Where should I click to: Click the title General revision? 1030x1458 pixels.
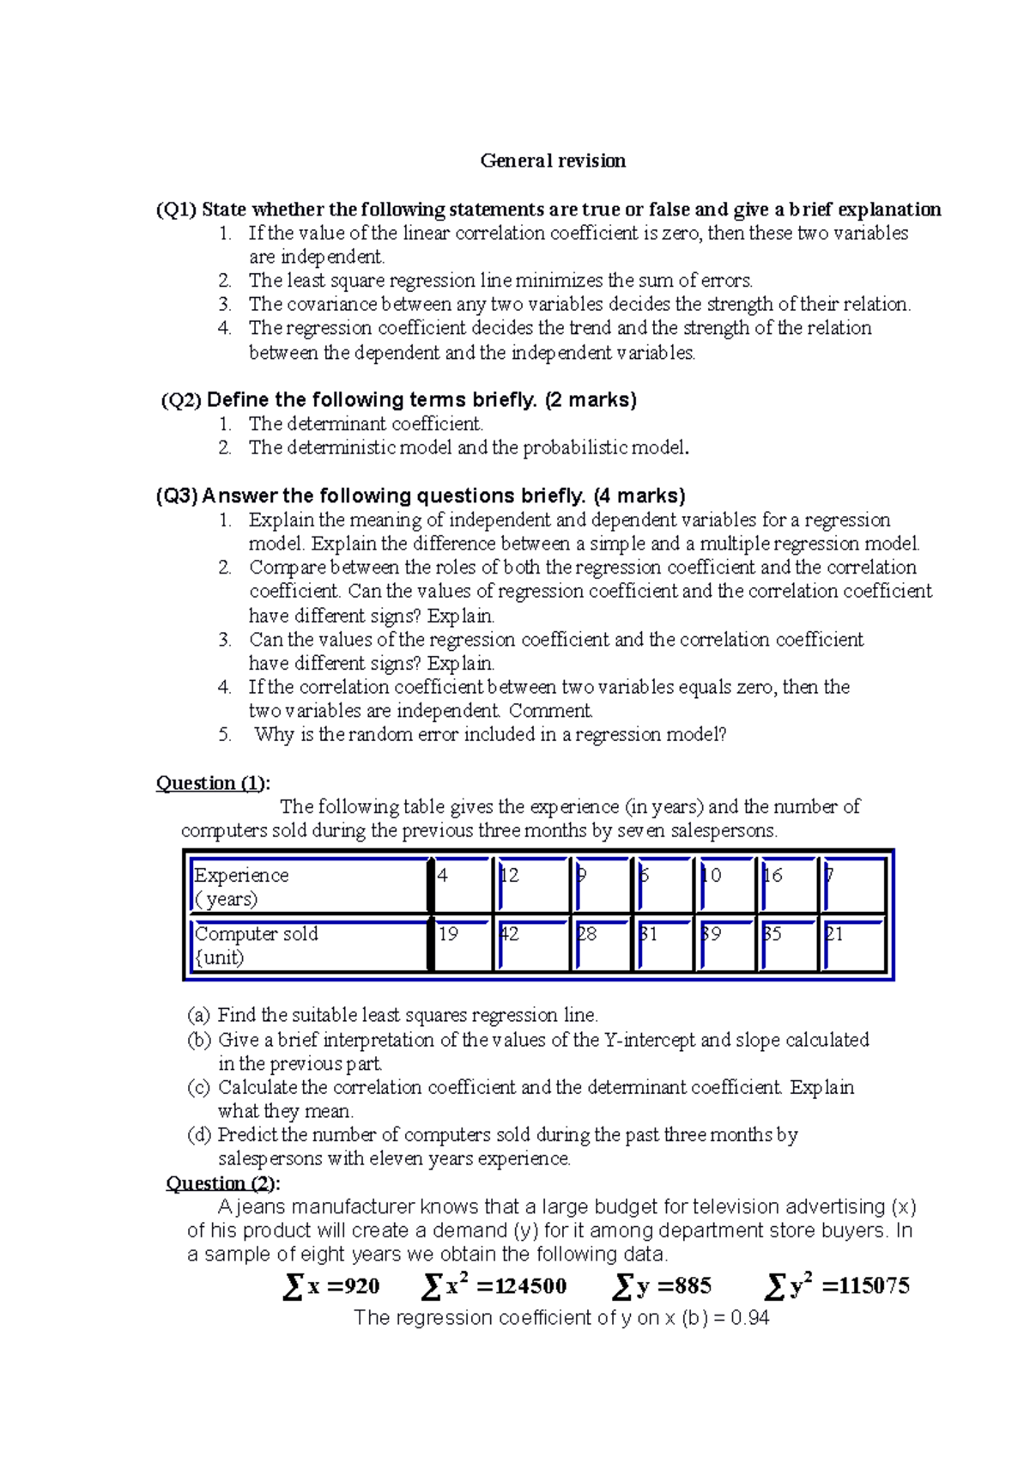click(553, 161)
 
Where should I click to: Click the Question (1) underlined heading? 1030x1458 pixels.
click(212, 783)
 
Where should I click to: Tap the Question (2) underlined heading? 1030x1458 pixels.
click(222, 1183)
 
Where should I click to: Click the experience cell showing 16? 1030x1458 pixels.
click(773, 876)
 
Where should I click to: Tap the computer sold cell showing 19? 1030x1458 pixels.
click(449, 934)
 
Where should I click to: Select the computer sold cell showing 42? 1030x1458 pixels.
click(510, 934)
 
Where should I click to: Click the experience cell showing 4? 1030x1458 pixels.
click(443, 876)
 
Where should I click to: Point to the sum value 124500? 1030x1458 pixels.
click(521, 1286)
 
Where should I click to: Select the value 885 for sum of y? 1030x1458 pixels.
click(692, 1286)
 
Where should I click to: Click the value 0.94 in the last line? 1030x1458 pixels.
click(749, 1318)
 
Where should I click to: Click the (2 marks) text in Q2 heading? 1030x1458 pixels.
click(591, 400)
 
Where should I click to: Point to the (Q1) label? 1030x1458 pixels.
click(176, 210)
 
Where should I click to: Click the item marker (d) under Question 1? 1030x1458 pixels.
click(199, 1135)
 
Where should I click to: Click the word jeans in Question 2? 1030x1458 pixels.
click(257, 1207)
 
